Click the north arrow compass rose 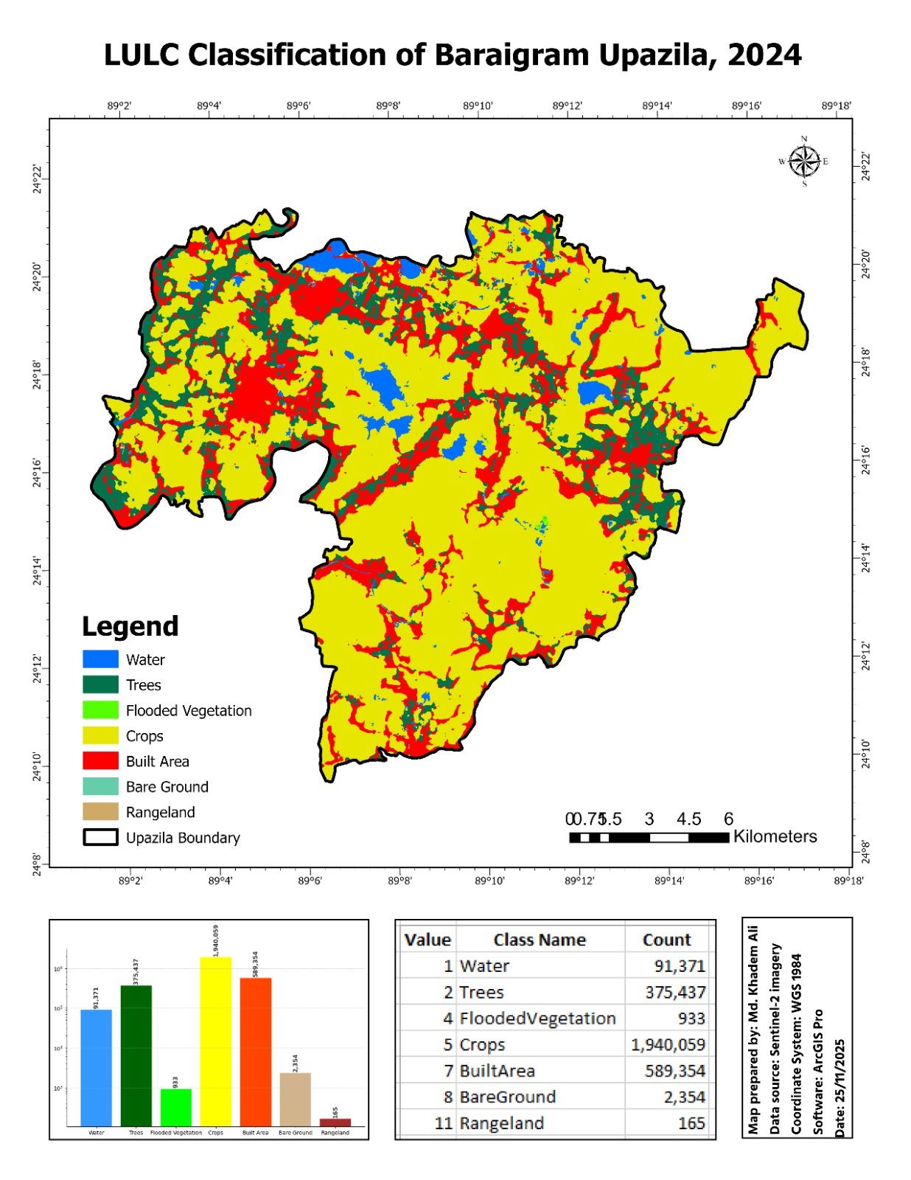click(x=804, y=162)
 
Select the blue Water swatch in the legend click(x=100, y=659)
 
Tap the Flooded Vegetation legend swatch click(x=100, y=710)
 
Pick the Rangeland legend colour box click(x=100, y=812)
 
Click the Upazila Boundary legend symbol click(x=100, y=838)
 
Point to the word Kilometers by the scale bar click(x=775, y=836)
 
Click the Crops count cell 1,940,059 click(x=668, y=1044)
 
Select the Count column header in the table click(x=666, y=940)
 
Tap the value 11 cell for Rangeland click(x=443, y=1123)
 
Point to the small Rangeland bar click(x=335, y=1122)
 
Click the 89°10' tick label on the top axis click(x=478, y=106)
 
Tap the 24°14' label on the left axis click(x=37, y=571)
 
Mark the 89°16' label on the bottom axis click(x=758, y=881)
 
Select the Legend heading click(x=130, y=626)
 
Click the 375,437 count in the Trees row click(x=674, y=992)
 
